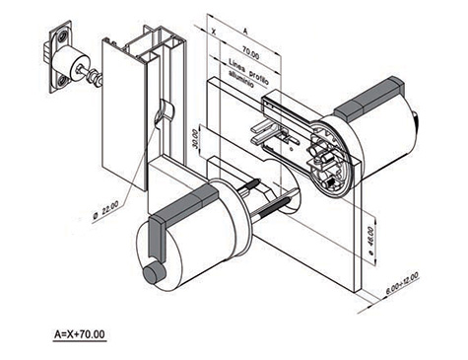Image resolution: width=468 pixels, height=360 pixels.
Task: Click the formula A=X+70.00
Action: click(x=80, y=334)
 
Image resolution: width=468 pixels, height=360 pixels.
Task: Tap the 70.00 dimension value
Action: click(x=250, y=53)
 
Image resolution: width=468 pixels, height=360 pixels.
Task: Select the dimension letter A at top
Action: click(x=245, y=31)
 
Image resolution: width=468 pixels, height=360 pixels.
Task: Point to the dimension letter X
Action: click(x=214, y=32)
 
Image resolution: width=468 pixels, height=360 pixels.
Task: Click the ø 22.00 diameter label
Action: click(x=105, y=210)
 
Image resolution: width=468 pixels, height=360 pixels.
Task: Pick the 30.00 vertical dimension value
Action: click(x=195, y=139)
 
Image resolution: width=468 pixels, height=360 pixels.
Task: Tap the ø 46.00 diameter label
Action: click(x=370, y=241)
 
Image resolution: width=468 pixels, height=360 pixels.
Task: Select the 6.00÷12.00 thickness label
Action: click(x=402, y=283)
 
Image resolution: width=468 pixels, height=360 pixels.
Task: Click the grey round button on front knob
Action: click(x=154, y=273)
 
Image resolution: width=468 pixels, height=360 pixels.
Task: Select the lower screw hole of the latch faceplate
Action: click(x=62, y=81)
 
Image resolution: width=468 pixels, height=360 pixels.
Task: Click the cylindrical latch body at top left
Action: click(x=71, y=63)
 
